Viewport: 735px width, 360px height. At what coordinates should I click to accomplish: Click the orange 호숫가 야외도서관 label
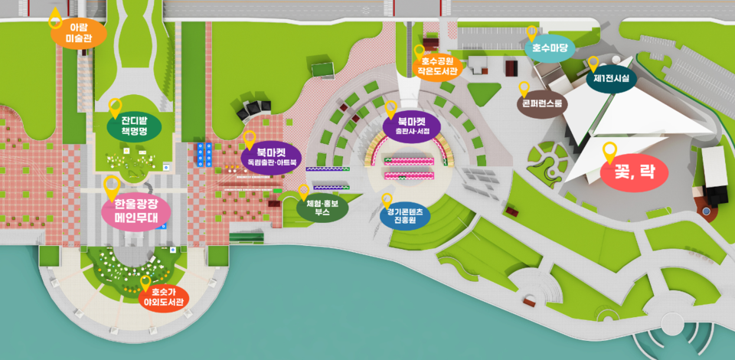click(x=164, y=296)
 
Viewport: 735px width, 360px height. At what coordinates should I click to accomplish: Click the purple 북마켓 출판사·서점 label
click(x=412, y=126)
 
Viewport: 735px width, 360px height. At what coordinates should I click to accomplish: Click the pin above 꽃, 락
click(x=609, y=152)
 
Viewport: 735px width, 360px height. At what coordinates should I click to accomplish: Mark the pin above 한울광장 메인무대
click(x=111, y=185)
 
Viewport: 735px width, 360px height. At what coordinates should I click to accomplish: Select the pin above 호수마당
click(x=532, y=32)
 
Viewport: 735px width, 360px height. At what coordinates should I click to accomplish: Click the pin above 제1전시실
click(x=593, y=63)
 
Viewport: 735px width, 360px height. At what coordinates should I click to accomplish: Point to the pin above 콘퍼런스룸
click(x=524, y=88)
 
